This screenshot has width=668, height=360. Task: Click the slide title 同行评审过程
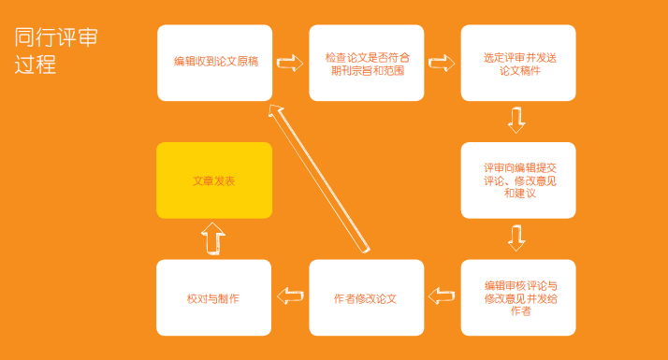pos(56,50)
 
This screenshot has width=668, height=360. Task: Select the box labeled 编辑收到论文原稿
pos(215,63)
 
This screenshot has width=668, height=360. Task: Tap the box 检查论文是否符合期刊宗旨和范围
pos(367,63)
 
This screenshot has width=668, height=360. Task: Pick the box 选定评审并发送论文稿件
pos(518,63)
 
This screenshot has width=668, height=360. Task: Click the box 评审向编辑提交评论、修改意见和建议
pos(518,180)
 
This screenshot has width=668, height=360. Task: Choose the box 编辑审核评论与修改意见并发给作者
pos(518,297)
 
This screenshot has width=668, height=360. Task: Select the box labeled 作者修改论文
pos(367,297)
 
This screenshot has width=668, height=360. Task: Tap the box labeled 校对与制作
pos(214,297)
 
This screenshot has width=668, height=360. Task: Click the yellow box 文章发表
pos(214,180)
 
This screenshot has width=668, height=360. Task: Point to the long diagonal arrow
pos(319,179)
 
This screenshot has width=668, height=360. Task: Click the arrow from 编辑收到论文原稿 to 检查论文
pos(290,63)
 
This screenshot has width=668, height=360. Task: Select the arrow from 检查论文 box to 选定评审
pos(442,63)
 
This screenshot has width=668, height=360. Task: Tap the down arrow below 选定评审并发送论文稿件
pos(516,120)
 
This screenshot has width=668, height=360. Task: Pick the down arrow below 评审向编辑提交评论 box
pos(516,238)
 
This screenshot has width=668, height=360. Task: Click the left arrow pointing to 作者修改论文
pos(442,295)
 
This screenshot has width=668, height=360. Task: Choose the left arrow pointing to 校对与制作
pos(290,295)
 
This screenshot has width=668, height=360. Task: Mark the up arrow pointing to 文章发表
pos(213,238)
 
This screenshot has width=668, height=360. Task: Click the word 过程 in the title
pos(36,65)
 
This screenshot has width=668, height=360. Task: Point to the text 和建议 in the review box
pos(520,193)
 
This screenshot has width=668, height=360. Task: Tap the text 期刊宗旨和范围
pos(368,70)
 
